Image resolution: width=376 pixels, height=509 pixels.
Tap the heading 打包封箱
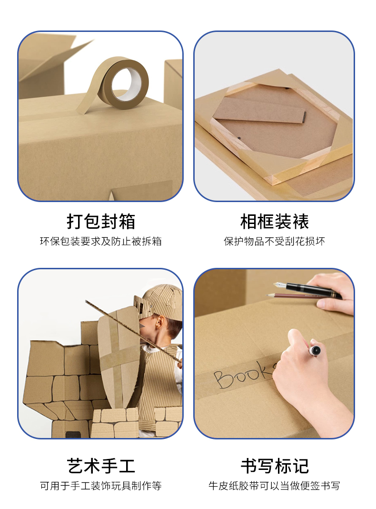pyautogui.click(x=101, y=222)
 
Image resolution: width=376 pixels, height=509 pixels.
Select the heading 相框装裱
pyautogui.click(x=275, y=222)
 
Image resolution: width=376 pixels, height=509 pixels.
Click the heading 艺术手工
pyautogui.click(x=101, y=466)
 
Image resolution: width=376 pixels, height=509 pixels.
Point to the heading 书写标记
pyautogui.click(x=275, y=466)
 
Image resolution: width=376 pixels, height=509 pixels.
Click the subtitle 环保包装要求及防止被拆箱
pyautogui.click(x=101, y=241)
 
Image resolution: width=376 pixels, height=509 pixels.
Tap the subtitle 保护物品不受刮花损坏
pyautogui.click(x=274, y=241)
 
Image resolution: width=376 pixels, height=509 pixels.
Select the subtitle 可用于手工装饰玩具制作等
pyautogui.click(x=101, y=486)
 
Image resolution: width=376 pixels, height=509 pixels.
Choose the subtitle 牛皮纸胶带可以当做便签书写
pyautogui.click(x=274, y=486)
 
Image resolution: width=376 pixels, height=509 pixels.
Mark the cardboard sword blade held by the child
pyautogui.click(x=133, y=331)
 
